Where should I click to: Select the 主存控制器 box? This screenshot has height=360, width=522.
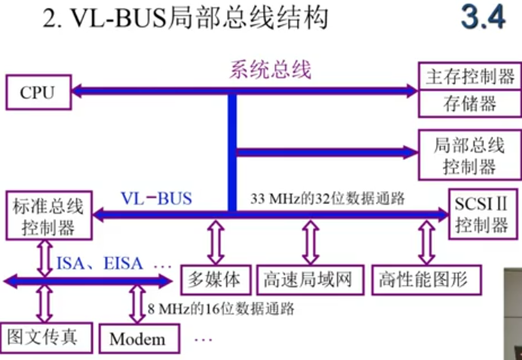click(469, 76)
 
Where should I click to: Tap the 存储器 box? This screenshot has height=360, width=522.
click(469, 103)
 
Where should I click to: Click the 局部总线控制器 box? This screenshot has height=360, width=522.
click(469, 155)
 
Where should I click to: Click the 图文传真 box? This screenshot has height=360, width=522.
click(43, 336)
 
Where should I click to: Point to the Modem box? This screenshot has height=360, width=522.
click(137, 338)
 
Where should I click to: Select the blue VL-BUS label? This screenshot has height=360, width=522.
click(157, 199)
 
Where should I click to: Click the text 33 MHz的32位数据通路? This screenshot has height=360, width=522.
click(328, 200)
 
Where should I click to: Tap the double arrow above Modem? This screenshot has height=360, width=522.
click(137, 305)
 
